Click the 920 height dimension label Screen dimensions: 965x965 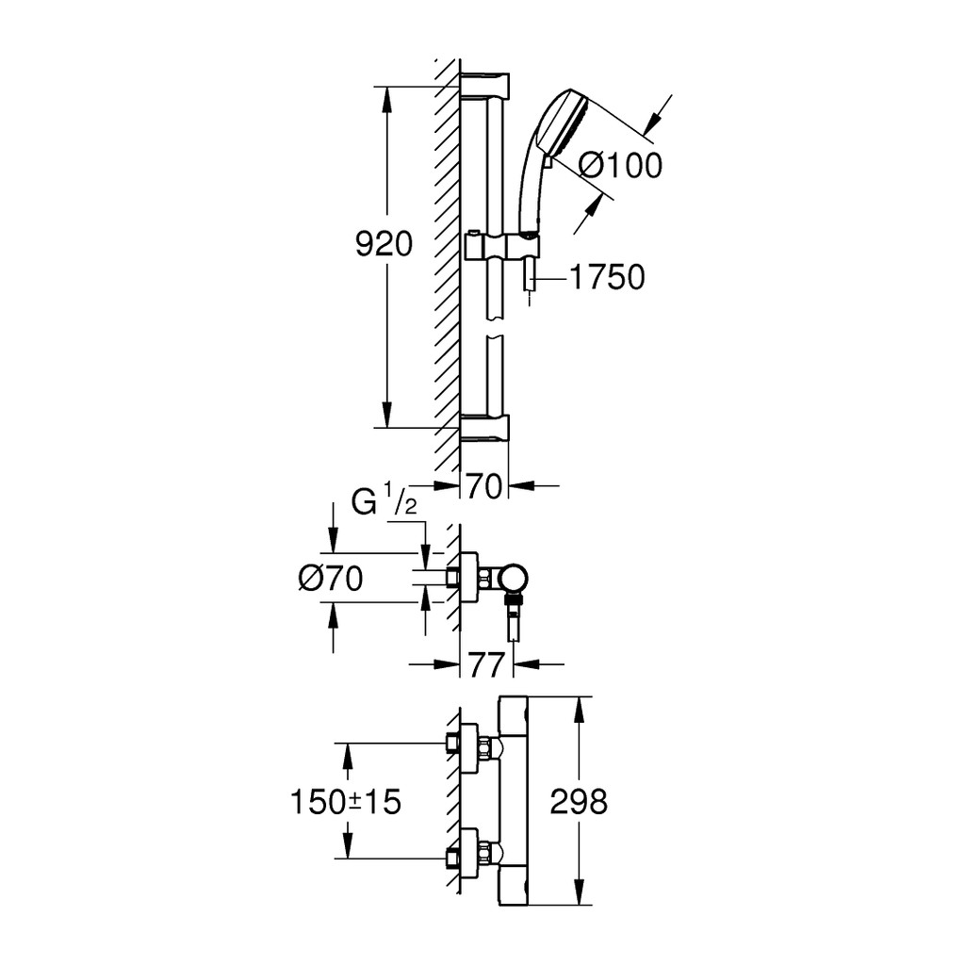[x=384, y=245]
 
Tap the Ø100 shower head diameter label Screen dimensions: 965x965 [x=621, y=165]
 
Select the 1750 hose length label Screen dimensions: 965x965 [x=607, y=277]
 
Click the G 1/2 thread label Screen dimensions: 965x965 [x=384, y=501]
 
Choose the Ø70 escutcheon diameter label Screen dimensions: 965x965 [x=331, y=579]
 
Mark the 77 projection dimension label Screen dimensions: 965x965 [x=486, y=664]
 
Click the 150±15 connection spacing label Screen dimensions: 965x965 [x=345, y=802]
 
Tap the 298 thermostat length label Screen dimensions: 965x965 [x=579, y=802]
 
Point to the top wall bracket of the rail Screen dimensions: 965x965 [x=485, y=85]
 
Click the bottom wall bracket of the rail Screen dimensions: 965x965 [x=485, y=428]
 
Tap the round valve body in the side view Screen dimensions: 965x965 [x=514, y=579]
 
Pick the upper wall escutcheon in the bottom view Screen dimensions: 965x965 [x=469, y=744]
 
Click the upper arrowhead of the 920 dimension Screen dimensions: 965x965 [x=386, y=99]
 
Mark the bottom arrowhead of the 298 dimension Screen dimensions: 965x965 [x=578, y=891]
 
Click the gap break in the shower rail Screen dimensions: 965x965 [x=496, y=327]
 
